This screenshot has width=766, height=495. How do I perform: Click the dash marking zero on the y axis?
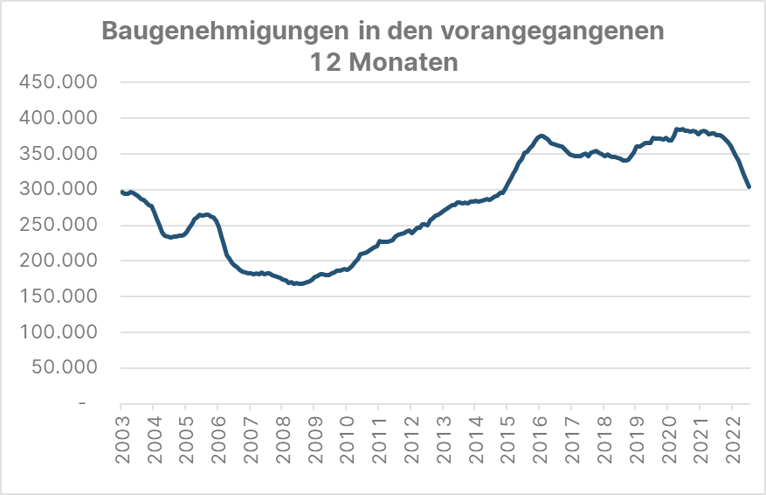tap(82, 404)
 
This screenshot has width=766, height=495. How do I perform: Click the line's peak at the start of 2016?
tap(542, 136)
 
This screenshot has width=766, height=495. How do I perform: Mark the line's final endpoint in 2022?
tap(749, 186)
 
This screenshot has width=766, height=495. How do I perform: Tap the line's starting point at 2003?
tap(121, 192)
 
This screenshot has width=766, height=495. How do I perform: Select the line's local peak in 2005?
tap(203, 214)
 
